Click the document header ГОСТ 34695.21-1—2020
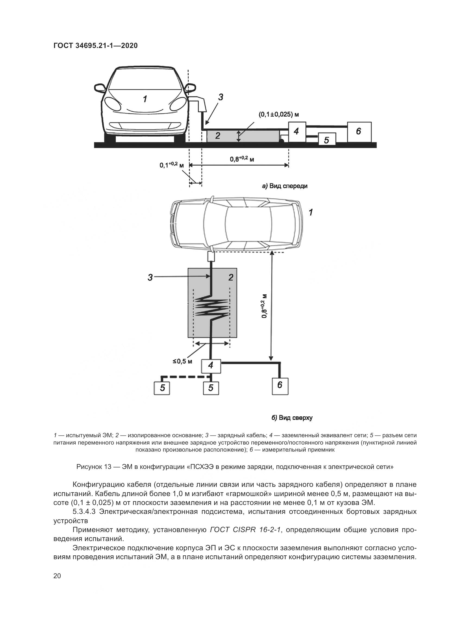(x=95, y=46)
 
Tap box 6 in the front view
(x=359, y=131)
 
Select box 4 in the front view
(x=297, y=131)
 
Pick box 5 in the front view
(x=327, y=139)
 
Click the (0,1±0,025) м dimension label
(x=279, y=114)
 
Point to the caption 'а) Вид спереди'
(x=285, y=186)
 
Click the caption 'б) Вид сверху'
(x=292, y=417)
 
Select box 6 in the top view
(x=280, y=385)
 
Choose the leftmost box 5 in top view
(x=162, y=388)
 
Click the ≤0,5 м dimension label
(x=182, y=361)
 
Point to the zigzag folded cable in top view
(x=212, y=307)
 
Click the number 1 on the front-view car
(x=145, y=99)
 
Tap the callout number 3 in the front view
(x=221, y=97)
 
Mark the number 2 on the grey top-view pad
(x=231, y=277)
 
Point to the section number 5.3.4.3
(x=84, y=511)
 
